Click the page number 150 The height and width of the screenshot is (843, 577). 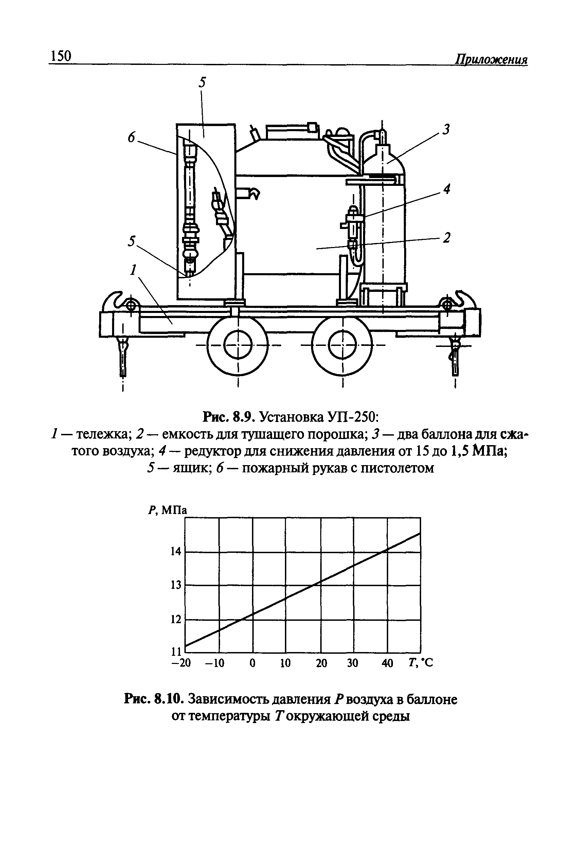point(61,56)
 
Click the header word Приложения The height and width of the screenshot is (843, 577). point(491,59)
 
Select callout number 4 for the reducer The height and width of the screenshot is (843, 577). point(447,189)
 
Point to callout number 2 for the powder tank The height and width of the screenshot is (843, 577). point(447,238)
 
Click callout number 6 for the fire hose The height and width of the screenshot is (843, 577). point(131,138)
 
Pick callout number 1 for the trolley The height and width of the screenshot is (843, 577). point(134,270)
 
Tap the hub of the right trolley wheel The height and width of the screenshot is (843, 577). point(342,345)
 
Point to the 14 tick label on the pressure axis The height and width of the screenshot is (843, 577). point(176,552)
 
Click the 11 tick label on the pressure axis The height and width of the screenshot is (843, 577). point(176,652)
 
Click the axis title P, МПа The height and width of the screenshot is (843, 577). point(167,510)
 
